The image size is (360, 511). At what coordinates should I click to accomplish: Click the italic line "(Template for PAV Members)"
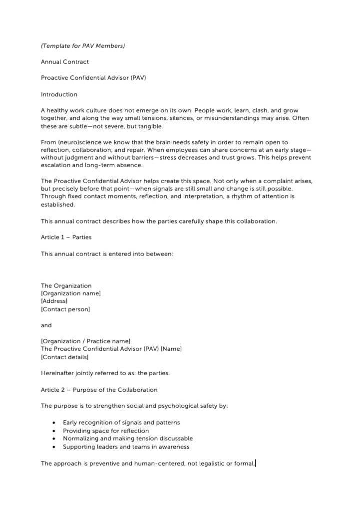pyautogui.click(x=83, y=46)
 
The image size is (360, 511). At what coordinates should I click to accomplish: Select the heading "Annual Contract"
pyautogui.click(x=65, y=62)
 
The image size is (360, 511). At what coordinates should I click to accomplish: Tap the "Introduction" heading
pyautogui.click(x=59, y=94)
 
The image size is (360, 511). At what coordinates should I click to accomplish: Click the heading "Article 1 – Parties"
pyautogui.click(x=66, y=237)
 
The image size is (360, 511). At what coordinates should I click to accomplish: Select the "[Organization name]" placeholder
pyautogui.click(x=71, y=293)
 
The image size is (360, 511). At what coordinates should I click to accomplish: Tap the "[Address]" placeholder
pyautogui.click(x=54, y=301)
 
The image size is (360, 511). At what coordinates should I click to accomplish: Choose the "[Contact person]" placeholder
pyautogui.click(x=65, y=309)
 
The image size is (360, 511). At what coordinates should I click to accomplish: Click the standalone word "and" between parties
pyautogui.click(x=46, y=325)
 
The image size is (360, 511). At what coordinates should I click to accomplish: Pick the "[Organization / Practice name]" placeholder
pyautogui.click(x=85, y=341)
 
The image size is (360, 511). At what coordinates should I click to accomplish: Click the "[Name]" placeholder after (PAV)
pyautogui.click(x=171, y=349)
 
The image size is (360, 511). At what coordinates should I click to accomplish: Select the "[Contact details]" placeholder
pyautogui.click(x=64, y=357)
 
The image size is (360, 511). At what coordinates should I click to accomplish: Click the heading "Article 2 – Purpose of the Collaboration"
pyautogui.click(x=99, y=390)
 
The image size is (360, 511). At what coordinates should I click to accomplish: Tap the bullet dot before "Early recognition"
pyautogui.click(x=53, y=423)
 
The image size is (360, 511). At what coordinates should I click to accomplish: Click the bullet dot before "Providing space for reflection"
pyautogui.click(x=53, y=431)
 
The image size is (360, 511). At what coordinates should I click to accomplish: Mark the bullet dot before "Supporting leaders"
pyautogui.click(x=53, y=447)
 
